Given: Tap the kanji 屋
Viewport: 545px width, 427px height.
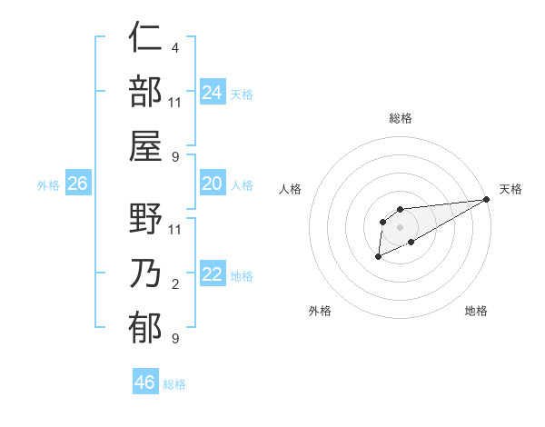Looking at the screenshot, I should point(145,145).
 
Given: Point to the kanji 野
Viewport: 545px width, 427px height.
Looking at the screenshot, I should point(145,219).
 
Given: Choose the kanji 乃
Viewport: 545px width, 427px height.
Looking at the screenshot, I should point(145,273).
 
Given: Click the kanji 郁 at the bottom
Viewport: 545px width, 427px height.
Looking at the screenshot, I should point(145,327).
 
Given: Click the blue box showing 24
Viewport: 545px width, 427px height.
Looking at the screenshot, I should point(213,92).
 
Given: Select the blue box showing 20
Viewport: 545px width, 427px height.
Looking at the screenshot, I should point(213,184).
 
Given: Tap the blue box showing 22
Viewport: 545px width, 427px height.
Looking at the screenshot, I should point(213,274).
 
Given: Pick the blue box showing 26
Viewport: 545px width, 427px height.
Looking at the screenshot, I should point(78,184).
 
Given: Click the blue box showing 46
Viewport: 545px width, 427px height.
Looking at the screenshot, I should point(145,382).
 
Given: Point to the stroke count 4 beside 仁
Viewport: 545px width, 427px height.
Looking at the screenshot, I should point(174,48).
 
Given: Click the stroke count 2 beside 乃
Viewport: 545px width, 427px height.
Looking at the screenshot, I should point(174,284).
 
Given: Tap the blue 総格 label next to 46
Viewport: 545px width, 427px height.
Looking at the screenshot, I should point(175,384).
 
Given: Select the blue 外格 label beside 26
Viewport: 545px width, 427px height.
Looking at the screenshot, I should point(48,185).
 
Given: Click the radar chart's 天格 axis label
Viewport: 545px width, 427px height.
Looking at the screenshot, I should point(511,189).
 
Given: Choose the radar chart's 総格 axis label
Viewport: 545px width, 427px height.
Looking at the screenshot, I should point(400,118).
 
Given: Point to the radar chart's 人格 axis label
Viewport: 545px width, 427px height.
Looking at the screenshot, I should point(291,189).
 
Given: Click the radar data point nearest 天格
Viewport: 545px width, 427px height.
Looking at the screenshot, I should point(488,199).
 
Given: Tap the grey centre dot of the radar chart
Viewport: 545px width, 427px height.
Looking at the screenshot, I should point(400,226).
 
